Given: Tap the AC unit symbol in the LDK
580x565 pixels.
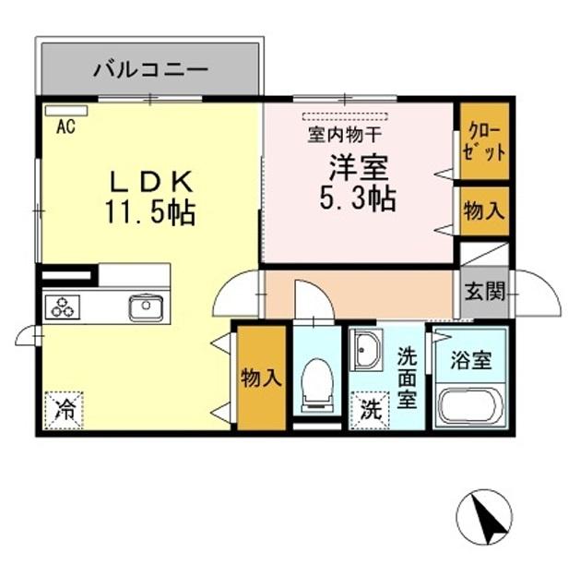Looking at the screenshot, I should point(65,111).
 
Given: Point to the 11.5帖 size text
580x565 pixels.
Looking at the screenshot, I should point(150,214).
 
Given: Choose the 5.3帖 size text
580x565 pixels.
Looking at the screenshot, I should point(360,198).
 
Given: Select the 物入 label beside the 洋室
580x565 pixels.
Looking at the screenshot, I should point(483,211).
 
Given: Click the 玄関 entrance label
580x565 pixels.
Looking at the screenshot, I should point(483,293).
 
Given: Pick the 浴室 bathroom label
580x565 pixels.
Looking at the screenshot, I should point(469,360).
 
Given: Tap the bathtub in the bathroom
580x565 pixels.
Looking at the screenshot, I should point(469,406).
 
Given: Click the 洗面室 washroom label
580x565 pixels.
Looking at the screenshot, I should point(406,377).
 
